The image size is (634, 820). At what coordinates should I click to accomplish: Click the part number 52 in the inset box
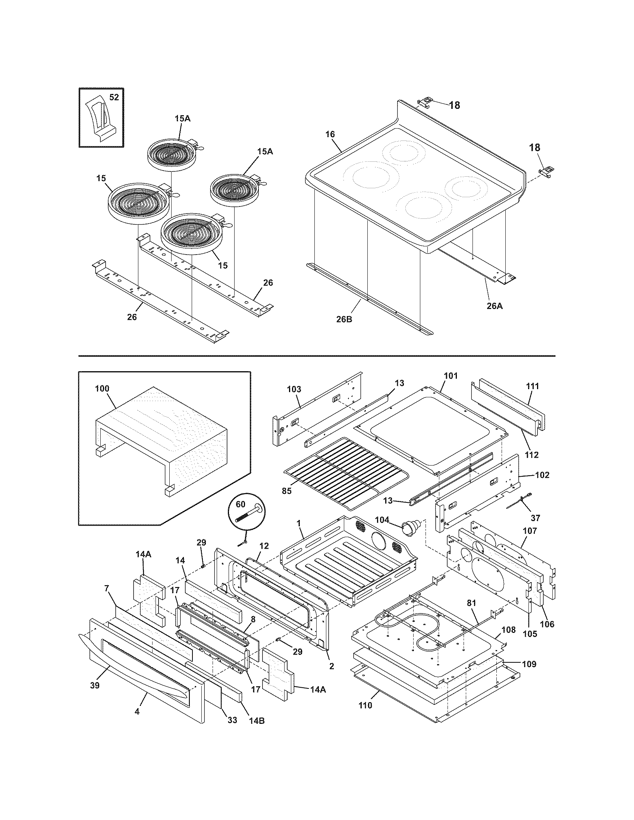pyautogui.click(x=114, y=97)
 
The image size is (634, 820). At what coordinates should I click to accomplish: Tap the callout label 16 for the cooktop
pyautogui.click(x=330, y=135)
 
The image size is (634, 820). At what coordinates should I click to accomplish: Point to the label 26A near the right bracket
pyautogui.click(x=494, y=306)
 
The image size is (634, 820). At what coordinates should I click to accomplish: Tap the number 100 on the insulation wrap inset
pyautogui.click(x=102, y=389)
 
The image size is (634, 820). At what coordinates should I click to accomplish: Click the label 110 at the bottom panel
pyautogui.click(x=365, y=705)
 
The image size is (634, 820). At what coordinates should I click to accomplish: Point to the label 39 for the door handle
pyautogui.click(x=95, y=685)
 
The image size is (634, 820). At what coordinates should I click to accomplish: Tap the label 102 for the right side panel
pyautogui.click(x=542, y=475)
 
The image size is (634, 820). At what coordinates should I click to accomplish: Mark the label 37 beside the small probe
pyautogui.click(x=535, y=518)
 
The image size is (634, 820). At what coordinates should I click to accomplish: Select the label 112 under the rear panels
pyautogui.click(x=532, y=455)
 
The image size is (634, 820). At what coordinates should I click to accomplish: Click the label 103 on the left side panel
pyautogui.click(x=294, y=389)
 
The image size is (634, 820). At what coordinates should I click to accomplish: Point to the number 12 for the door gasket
pyautogui.click(x=264, y=546)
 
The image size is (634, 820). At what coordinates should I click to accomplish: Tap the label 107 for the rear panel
pyautogui.click(x=530, y=531)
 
